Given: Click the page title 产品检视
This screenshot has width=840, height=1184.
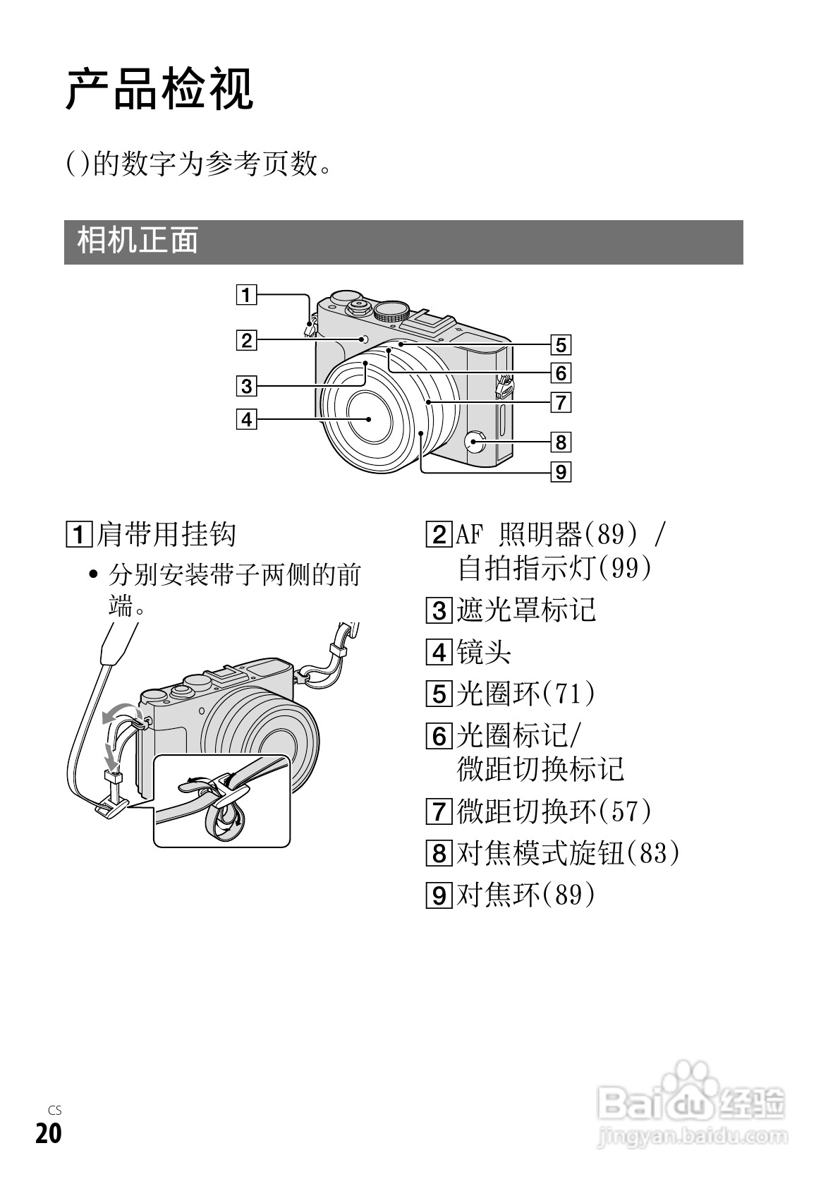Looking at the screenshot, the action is (159, 90).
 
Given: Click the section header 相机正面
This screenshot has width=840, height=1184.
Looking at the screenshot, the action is (138, 241).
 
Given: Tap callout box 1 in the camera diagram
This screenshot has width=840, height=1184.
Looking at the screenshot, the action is (245, 294).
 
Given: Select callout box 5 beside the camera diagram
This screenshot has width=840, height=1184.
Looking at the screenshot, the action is (560, 345).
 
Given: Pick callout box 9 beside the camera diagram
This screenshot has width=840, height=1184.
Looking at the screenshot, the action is (560, 471).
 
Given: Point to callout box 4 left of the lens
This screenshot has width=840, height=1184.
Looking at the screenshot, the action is (245, 420).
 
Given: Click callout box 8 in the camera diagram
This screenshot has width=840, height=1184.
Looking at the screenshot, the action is (560, 442).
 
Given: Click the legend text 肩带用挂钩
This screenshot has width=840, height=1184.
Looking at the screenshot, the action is (166, 534).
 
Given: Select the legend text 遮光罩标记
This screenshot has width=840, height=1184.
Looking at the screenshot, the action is (526, 610).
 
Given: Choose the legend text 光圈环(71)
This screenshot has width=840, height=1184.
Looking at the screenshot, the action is (526, 694).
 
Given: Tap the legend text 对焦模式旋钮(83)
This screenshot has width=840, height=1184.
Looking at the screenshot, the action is (568, 854).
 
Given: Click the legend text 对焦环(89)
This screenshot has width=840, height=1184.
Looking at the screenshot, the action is (526, 895).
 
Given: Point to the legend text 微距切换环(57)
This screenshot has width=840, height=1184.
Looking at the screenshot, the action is (554, 811).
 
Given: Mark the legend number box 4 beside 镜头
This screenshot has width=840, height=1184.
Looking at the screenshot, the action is (439, 652).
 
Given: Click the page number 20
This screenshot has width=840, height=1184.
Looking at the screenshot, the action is (49, 1134).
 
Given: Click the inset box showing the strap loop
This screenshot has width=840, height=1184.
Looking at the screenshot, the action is (221, 800).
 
